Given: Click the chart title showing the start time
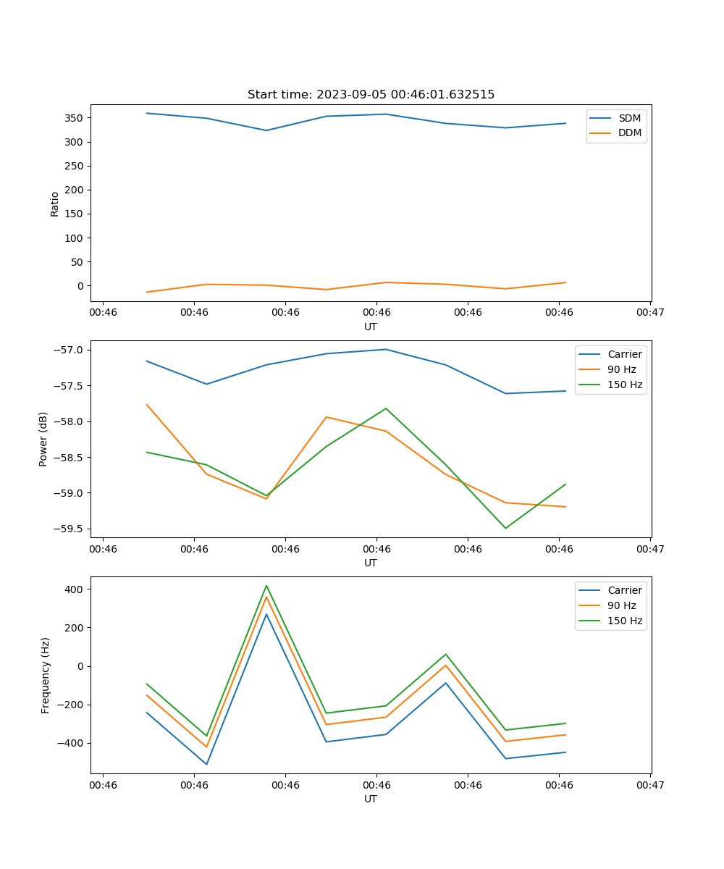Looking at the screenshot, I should (x=371, y=95).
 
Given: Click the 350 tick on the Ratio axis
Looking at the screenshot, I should (x=75, y=118).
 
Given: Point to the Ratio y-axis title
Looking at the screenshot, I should (x=54, y=204).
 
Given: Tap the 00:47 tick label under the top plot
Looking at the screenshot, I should (x=649, y=313).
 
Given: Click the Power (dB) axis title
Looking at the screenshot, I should (x=43, y=439).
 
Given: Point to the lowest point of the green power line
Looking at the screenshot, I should (x=505, y=528).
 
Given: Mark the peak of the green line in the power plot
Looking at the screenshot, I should (x=386, y=408).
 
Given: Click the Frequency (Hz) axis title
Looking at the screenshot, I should (x=45, y=675).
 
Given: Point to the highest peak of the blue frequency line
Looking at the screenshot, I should (x=266, y=614).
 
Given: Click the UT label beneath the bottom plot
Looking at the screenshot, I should (x=370, y=799).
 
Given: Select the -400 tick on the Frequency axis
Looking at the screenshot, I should (x=72, y=743).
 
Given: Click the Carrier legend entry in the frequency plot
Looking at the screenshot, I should (x=624, y=590).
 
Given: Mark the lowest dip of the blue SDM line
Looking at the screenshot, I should (x=266, y=130).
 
